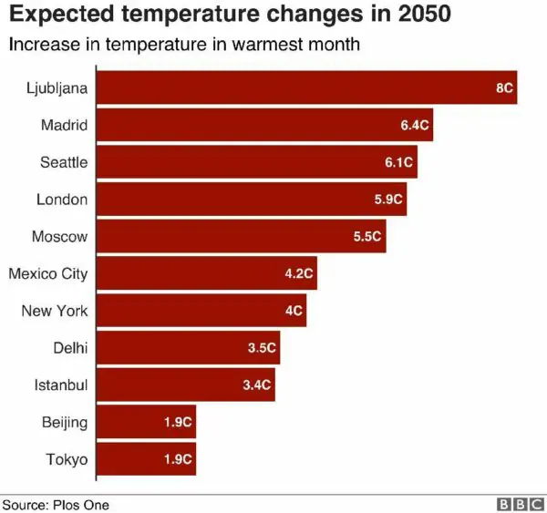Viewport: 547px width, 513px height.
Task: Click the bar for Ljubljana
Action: click(x=306, y=87)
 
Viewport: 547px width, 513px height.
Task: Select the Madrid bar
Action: click(x=264, y=125)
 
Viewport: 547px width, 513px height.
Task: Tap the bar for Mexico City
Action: click(x=206, y=273)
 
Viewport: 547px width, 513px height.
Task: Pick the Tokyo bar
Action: click(x=146, y=459)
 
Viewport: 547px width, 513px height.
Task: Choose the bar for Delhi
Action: click(x=188, y=348)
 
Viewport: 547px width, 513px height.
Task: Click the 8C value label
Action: click(x=504, y=88)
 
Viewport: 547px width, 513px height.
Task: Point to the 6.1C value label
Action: click(x=398, y=162)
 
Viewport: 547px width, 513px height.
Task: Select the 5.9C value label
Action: click(x=388, y=200)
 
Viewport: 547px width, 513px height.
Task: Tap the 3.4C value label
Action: click(x=257, y=385)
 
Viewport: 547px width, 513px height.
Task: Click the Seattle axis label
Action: click(x=64, y=162)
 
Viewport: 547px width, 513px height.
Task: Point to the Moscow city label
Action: click(x=59, y=237)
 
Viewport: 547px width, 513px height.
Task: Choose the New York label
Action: click(x=55, y=311)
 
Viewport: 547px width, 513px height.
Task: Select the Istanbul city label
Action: click(x=61, y=385)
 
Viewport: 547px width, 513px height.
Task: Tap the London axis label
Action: click(x=62, y=200)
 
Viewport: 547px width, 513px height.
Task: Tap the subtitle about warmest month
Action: click(x=183, y=44)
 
